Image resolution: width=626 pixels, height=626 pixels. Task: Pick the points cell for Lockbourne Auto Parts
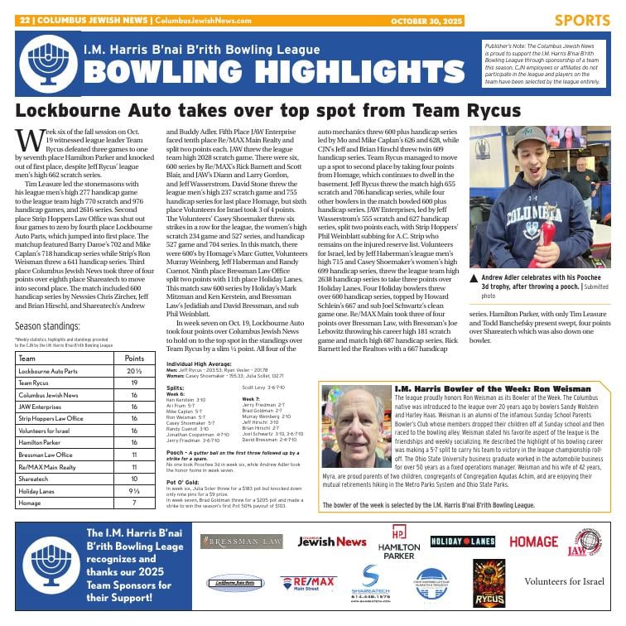click(x=134, y=372)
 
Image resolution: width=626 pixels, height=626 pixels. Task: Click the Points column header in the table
click(x=134, y=359)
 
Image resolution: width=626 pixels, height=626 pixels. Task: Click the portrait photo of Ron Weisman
click(x=354, y=434)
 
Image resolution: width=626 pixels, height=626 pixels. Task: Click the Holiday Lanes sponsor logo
click(x=462, y=542)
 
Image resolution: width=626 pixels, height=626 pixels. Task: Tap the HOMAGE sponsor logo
click(x=533, y=542)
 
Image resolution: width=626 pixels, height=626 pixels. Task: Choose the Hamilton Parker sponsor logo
click(x=398, y=543)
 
